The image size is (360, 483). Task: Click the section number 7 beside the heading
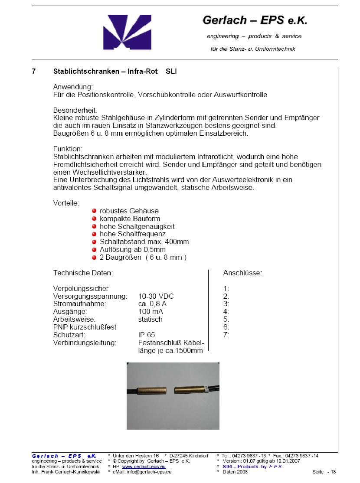(34, 72)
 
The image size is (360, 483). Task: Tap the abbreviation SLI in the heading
(171, 72)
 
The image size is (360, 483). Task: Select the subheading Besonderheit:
(75, 110)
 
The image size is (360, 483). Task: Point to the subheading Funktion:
(68, 149)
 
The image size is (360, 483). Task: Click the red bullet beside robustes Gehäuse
(94, 211)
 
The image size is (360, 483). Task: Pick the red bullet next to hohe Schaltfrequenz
(94, 234)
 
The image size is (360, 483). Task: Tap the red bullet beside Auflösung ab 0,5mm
(94, 250)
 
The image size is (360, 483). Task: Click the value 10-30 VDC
(156, 296)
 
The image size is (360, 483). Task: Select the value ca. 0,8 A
(152, 304)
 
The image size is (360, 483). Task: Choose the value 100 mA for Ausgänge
(151, 312)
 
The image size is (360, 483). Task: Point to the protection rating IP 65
(147, 335)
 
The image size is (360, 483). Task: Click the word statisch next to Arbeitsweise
(151, 320)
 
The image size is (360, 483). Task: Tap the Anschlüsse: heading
(242, 273)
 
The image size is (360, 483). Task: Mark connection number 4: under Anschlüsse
(226, 312)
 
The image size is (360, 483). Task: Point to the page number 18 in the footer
(332, 472)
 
